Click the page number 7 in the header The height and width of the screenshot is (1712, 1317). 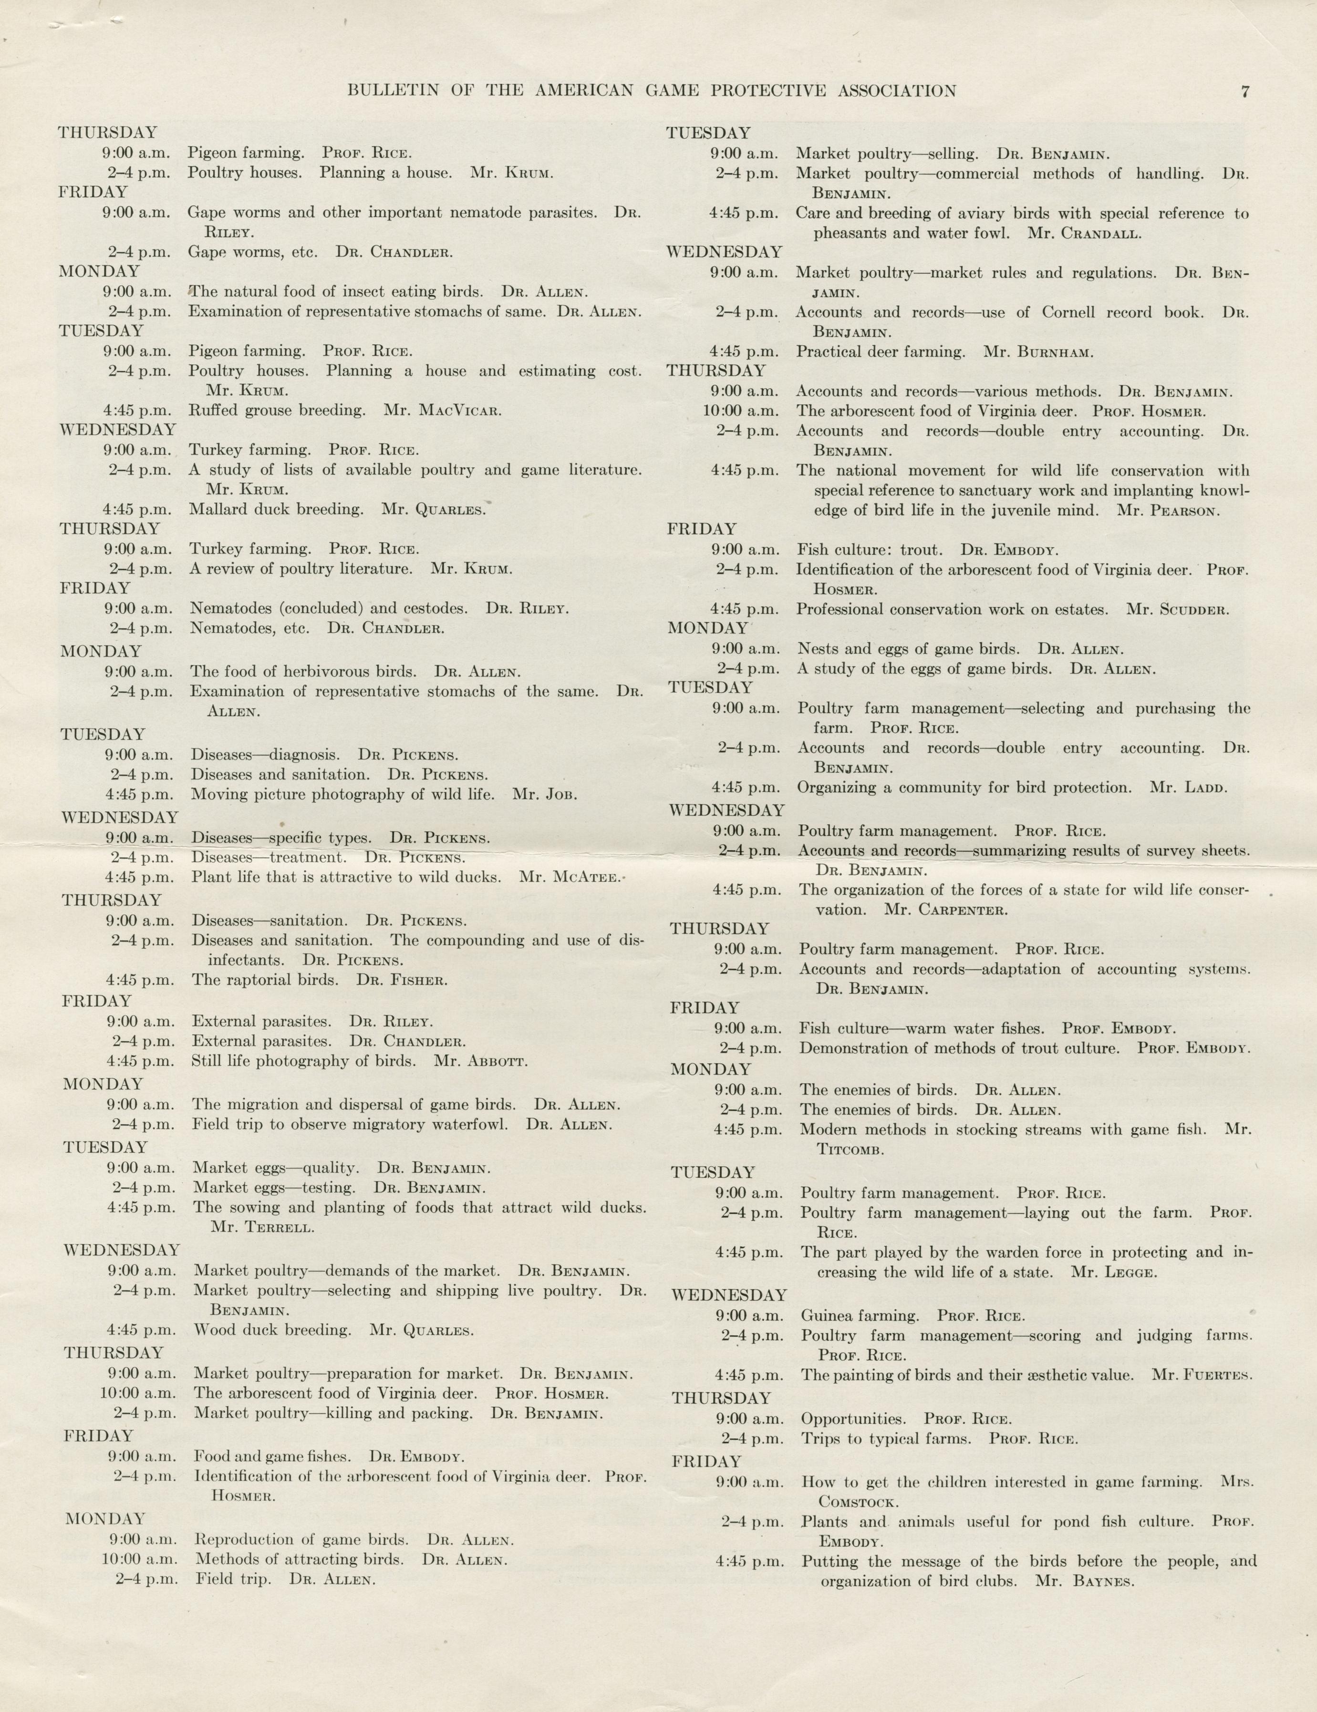tap(1245, 92)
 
